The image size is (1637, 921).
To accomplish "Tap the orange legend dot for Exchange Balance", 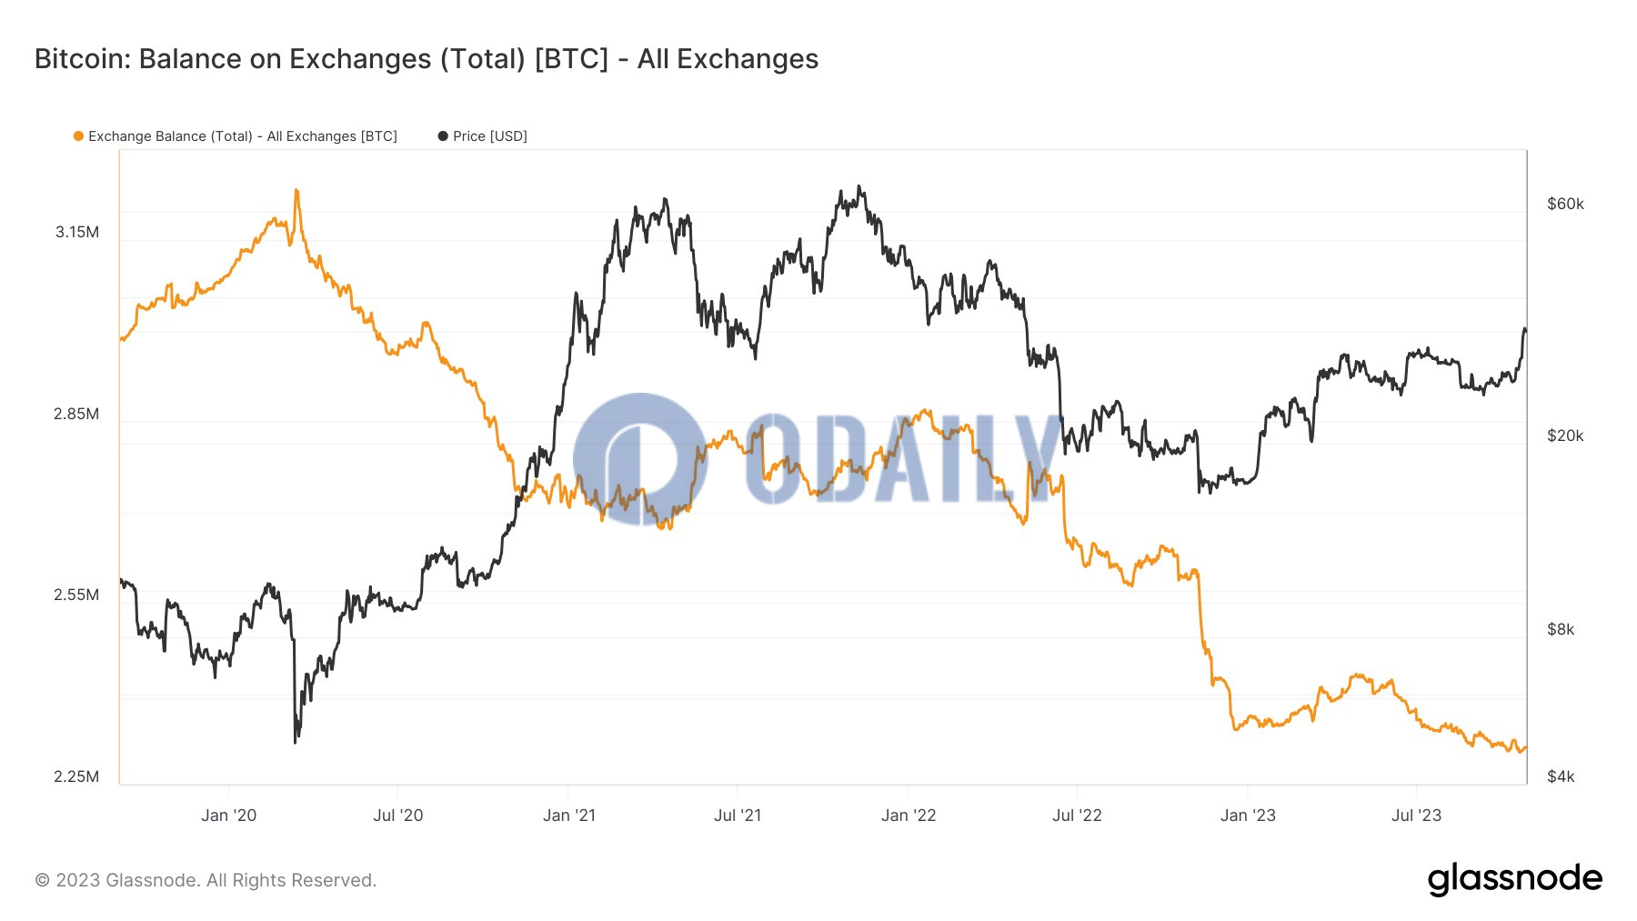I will pos(78,136).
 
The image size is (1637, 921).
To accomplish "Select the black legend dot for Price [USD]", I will pos(443,136).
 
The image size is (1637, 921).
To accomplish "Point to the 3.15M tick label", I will pos(77,232).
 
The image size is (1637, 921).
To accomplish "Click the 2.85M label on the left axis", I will pos(76,414).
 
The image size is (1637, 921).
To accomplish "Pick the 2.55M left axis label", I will pos(76,595).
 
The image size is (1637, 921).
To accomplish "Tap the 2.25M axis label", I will pos(76,776).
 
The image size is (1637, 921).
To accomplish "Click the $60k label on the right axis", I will pos(1565,204).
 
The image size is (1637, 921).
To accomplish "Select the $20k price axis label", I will pos(1565,435).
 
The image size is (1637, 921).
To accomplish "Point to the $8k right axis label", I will pos(1561,629).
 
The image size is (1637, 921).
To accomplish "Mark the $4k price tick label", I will pos(1561,776).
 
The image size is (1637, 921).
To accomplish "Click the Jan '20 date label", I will pos(228,816).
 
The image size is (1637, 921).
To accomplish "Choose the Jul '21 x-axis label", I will pos(738,816).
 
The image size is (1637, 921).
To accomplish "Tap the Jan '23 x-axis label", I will pos(1248,816).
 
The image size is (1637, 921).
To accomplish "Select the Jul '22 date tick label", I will pos(1077,816).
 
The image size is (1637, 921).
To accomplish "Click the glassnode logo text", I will pos(1514,879).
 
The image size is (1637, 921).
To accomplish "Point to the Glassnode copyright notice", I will pos(206,880).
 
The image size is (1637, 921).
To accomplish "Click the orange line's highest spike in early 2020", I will pos(296,191).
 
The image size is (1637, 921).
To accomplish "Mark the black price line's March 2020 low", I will pos(296,742).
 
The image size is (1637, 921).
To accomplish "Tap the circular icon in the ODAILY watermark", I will pos(640,459).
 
